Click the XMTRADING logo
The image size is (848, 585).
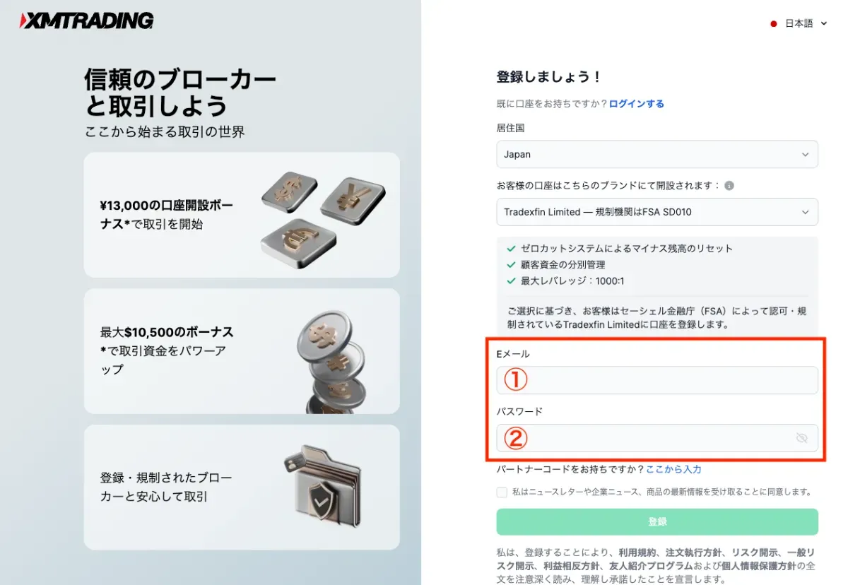[x=86, y=20]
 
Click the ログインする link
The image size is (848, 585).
[x=637, y=104]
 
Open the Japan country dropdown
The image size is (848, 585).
[x=657, y=154]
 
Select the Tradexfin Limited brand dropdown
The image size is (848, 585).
[x=657, y=212]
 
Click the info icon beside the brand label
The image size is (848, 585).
[x=729, y=186]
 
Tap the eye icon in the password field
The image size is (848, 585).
[x=801, y=438]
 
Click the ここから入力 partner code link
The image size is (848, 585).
[x=673, y=469]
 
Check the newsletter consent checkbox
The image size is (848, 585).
[x=502, y=492]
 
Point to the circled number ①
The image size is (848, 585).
[x=516, y=380]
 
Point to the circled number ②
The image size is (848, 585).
[x=516, y=439]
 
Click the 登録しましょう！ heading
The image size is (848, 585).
[x=548, y=77]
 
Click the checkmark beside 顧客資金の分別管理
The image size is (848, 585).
[x=511, y=265]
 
